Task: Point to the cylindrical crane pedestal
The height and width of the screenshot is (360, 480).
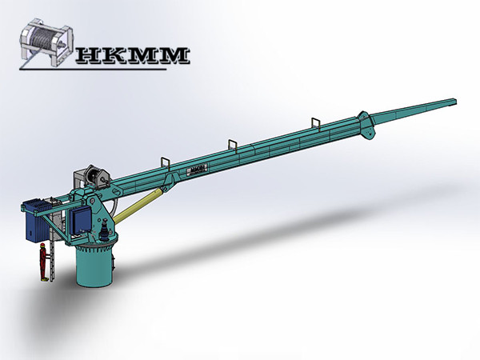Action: [96, 265]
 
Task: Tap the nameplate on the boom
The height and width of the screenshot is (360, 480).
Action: [197, 170]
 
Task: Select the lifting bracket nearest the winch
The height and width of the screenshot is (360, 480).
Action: [166, 162]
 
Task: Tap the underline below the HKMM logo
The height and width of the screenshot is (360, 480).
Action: [120, 67]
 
